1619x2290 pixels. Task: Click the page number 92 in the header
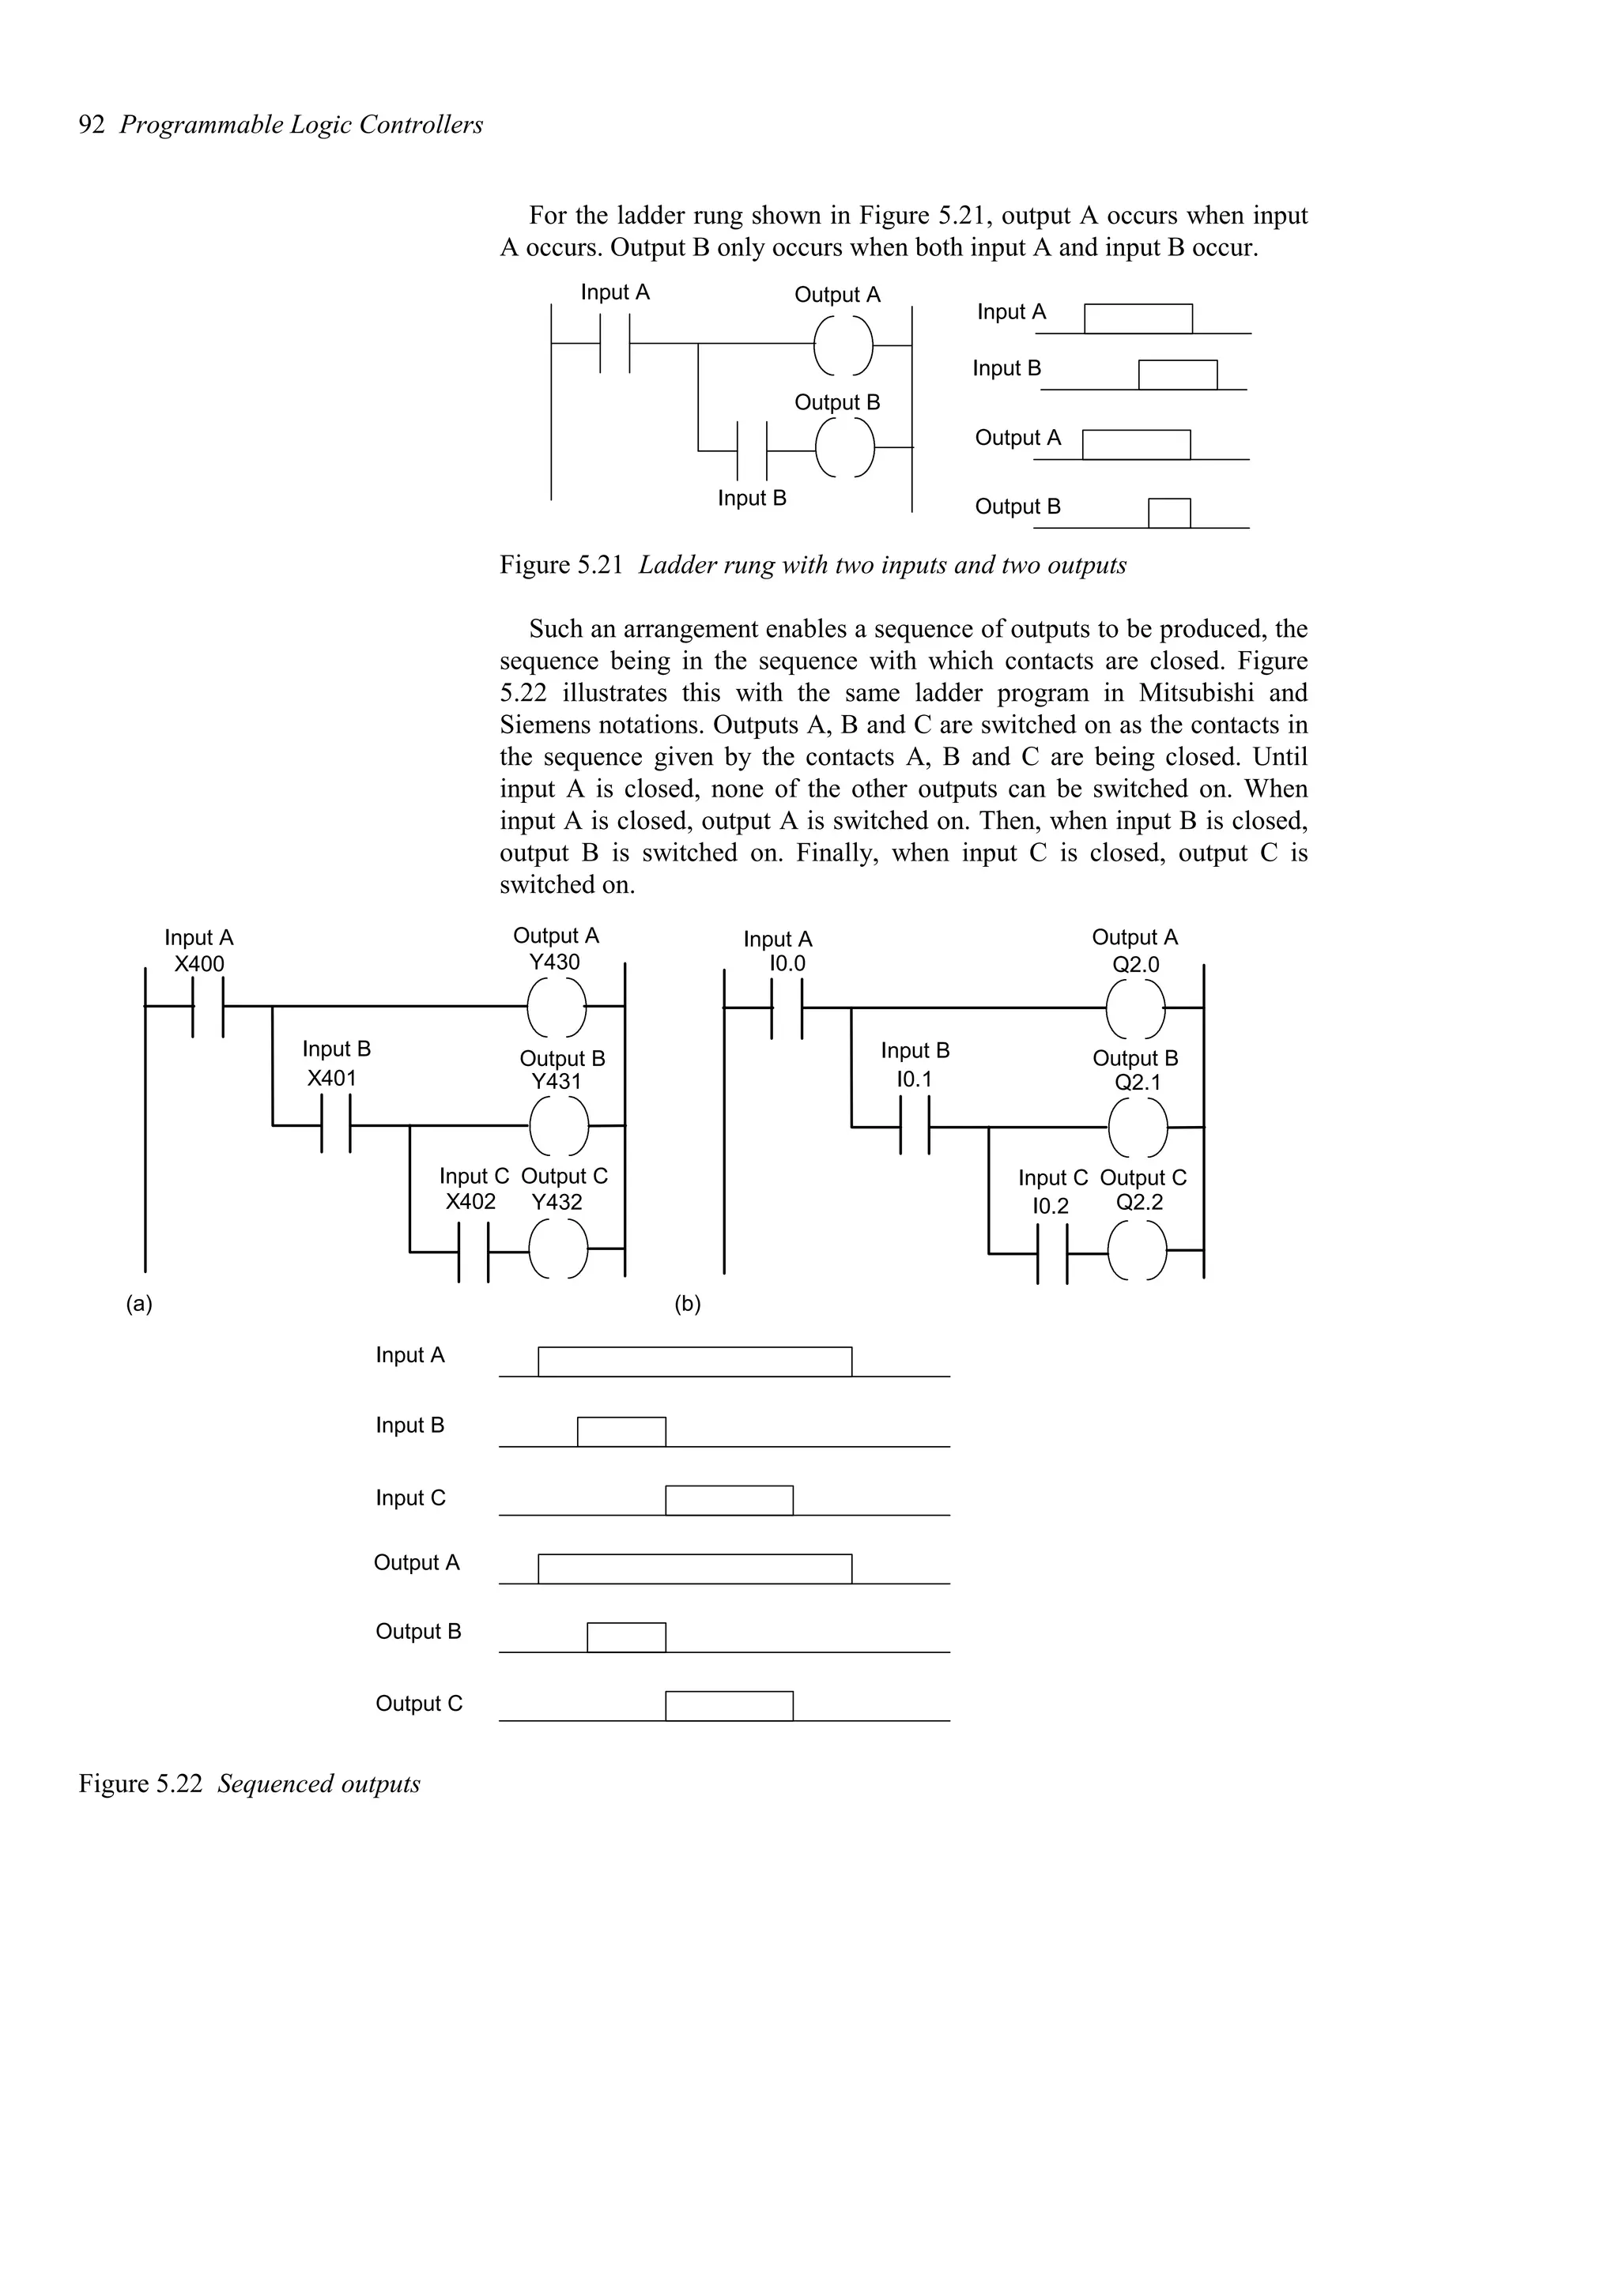(91, 125)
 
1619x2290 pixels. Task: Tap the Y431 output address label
(556, 1082)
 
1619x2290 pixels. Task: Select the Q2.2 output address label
(1139, 1203)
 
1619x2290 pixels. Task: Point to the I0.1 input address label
(914, 1079)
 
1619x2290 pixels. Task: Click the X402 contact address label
(471, 1202)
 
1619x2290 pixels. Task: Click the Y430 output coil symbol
(557, 1008)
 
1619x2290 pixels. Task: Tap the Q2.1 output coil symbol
(1138, 1127)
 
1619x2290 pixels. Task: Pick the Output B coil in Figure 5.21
(845, 449)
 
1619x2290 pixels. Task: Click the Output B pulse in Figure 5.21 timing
(1169, 513)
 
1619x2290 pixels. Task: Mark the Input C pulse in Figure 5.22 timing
(729, 1500)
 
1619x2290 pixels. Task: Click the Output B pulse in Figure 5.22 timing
(625, 1638)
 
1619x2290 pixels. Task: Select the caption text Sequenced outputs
(319, 1783)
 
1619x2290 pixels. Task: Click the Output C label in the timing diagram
(419, 1704)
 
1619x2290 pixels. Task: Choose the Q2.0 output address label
(1136, 965)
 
